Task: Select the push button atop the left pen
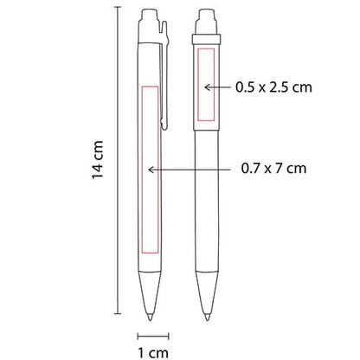click(148, 17)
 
